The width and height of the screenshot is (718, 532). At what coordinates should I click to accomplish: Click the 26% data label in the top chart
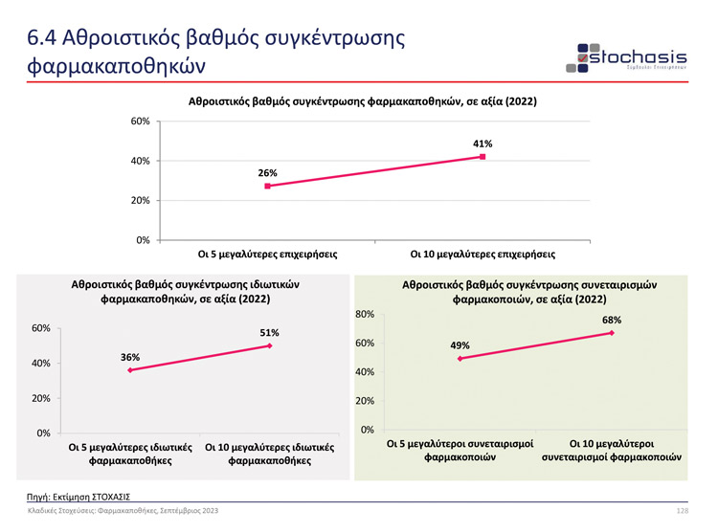point(267,173)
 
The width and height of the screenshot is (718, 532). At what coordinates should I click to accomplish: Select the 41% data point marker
point(482,157)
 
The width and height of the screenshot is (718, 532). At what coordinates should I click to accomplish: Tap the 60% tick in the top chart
point(140,122)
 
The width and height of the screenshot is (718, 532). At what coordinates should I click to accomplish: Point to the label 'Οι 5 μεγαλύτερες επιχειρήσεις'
point(267,255)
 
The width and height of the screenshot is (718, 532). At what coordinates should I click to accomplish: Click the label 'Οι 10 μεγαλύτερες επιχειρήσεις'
point(482,255)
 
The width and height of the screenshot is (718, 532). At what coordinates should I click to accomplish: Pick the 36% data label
point(130,357)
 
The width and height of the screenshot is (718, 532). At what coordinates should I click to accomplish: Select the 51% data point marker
point(270,345)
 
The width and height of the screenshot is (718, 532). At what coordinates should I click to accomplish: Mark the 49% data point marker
point(460,359)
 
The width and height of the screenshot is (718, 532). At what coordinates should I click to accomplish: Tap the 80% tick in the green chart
point(364,314)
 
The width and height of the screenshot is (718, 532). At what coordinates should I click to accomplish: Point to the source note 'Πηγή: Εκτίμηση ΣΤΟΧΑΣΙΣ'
point(79,497)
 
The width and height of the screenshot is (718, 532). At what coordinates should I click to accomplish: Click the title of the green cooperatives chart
point(523,292)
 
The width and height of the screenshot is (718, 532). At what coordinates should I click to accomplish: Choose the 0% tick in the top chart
point(142,239)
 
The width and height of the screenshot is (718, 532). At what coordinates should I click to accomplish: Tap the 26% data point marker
point(267,186)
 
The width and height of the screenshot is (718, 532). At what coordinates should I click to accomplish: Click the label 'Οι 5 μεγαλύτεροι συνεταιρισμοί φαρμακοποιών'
point(460,451)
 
